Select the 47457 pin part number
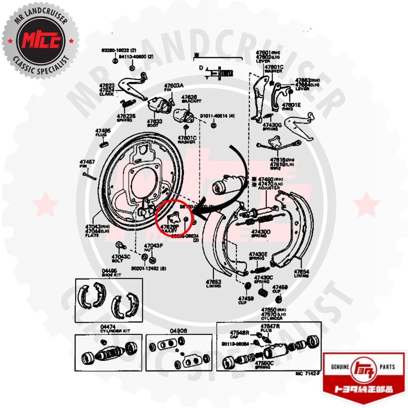click(x=87, y=162)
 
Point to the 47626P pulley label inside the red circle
click(x=169, y=226)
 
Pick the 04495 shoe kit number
click(x=109, y=271)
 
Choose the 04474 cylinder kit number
click(x=108, y=326)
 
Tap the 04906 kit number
click(x=178, y=331)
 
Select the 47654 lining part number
click(x=302, y=271)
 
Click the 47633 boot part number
click(x=155, y=121)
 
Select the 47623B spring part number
click(x=126, y=116)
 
